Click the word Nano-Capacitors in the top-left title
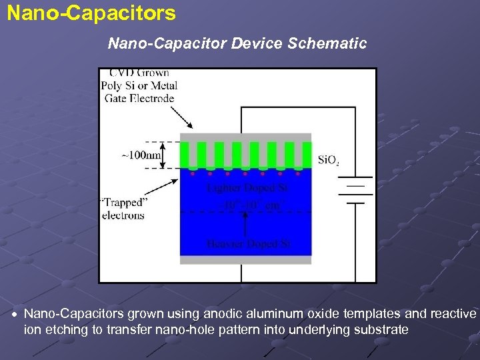pyautogui.click(x=91, y=13)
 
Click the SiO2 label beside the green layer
pyautogui.click(x=329, y=160)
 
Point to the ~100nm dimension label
pyautogui.click(x=141, y=155)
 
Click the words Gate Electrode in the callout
pyautogui.click(x=139, y=99)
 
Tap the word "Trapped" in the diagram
pyautogui.click(x=123, y=203)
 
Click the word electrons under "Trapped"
pyautogui.click(x=123, y=215)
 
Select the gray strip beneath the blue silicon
pyautogui.click(x=246, y=259)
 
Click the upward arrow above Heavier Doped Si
pyautogui.click(x=247, y=225)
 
